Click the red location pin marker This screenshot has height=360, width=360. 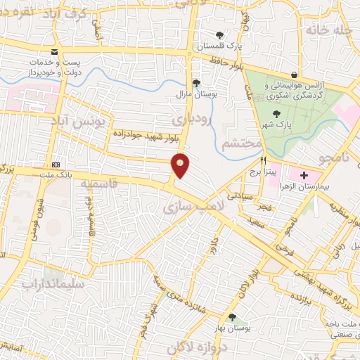coord(181,165)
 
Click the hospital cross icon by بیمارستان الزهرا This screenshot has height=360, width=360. coord(304,174)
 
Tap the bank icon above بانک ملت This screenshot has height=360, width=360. coord(56,163)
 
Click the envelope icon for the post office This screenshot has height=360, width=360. coord(54,53)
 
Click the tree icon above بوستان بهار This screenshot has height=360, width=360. coord(232,317)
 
